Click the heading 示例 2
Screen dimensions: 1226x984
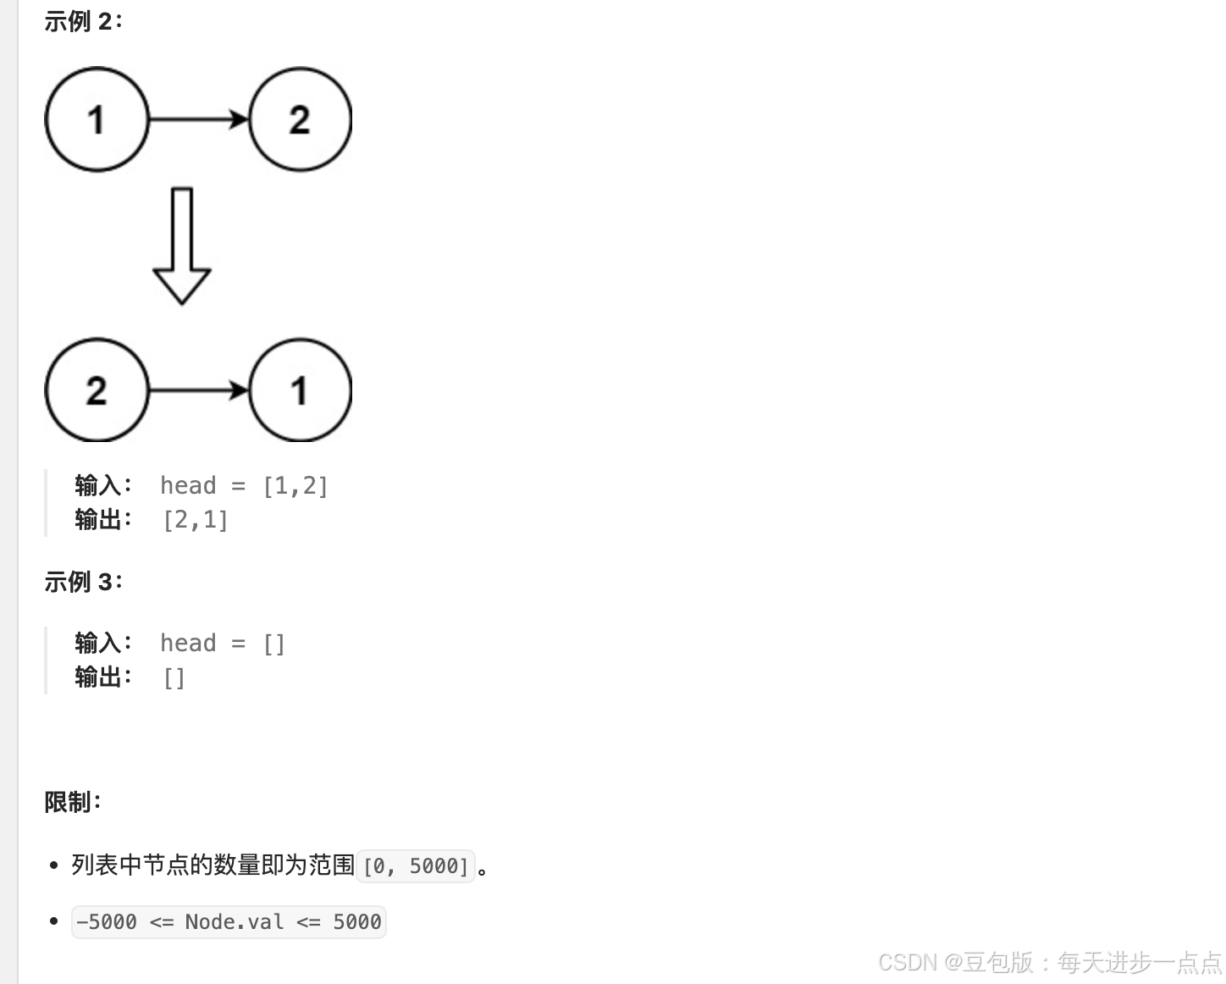(83, 22)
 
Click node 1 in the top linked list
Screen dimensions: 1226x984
(97, 119)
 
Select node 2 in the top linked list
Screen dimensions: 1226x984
(300, 119)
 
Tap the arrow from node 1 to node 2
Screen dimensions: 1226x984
(198, 119)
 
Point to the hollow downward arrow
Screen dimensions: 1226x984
(181, 246)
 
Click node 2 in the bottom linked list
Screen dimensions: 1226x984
(97, 390)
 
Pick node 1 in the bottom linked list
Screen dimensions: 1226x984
(300, 390)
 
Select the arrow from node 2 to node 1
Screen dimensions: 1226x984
(198, 390)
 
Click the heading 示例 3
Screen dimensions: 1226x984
(83, 583)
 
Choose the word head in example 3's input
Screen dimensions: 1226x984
(188, 644)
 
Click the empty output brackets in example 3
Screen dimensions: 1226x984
(174, 678)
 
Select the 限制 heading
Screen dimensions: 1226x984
(72, 802)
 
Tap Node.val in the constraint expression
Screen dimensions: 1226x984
(235, 922)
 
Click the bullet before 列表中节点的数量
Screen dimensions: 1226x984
(54, 865)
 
